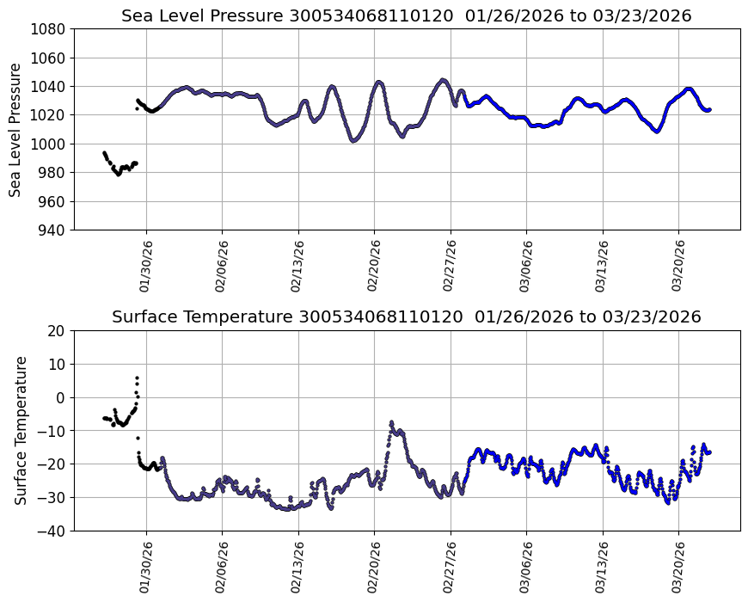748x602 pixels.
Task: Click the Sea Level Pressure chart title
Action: point(406,15)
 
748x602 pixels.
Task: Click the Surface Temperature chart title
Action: point(406,316)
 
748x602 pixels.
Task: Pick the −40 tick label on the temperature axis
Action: point(53,531)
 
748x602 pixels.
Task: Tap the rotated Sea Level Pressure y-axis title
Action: point(16,129)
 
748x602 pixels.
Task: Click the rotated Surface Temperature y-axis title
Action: point(21,430)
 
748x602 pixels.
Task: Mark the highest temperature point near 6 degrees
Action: point(136,378)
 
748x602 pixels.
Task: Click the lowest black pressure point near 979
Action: point(119,174)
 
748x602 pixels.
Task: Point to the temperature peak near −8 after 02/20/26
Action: point(391,422)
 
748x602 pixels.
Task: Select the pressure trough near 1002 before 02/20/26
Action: point(353,140)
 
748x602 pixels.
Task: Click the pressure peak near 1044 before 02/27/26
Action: point(443,80)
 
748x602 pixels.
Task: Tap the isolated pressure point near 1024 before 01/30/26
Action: point(136,108)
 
